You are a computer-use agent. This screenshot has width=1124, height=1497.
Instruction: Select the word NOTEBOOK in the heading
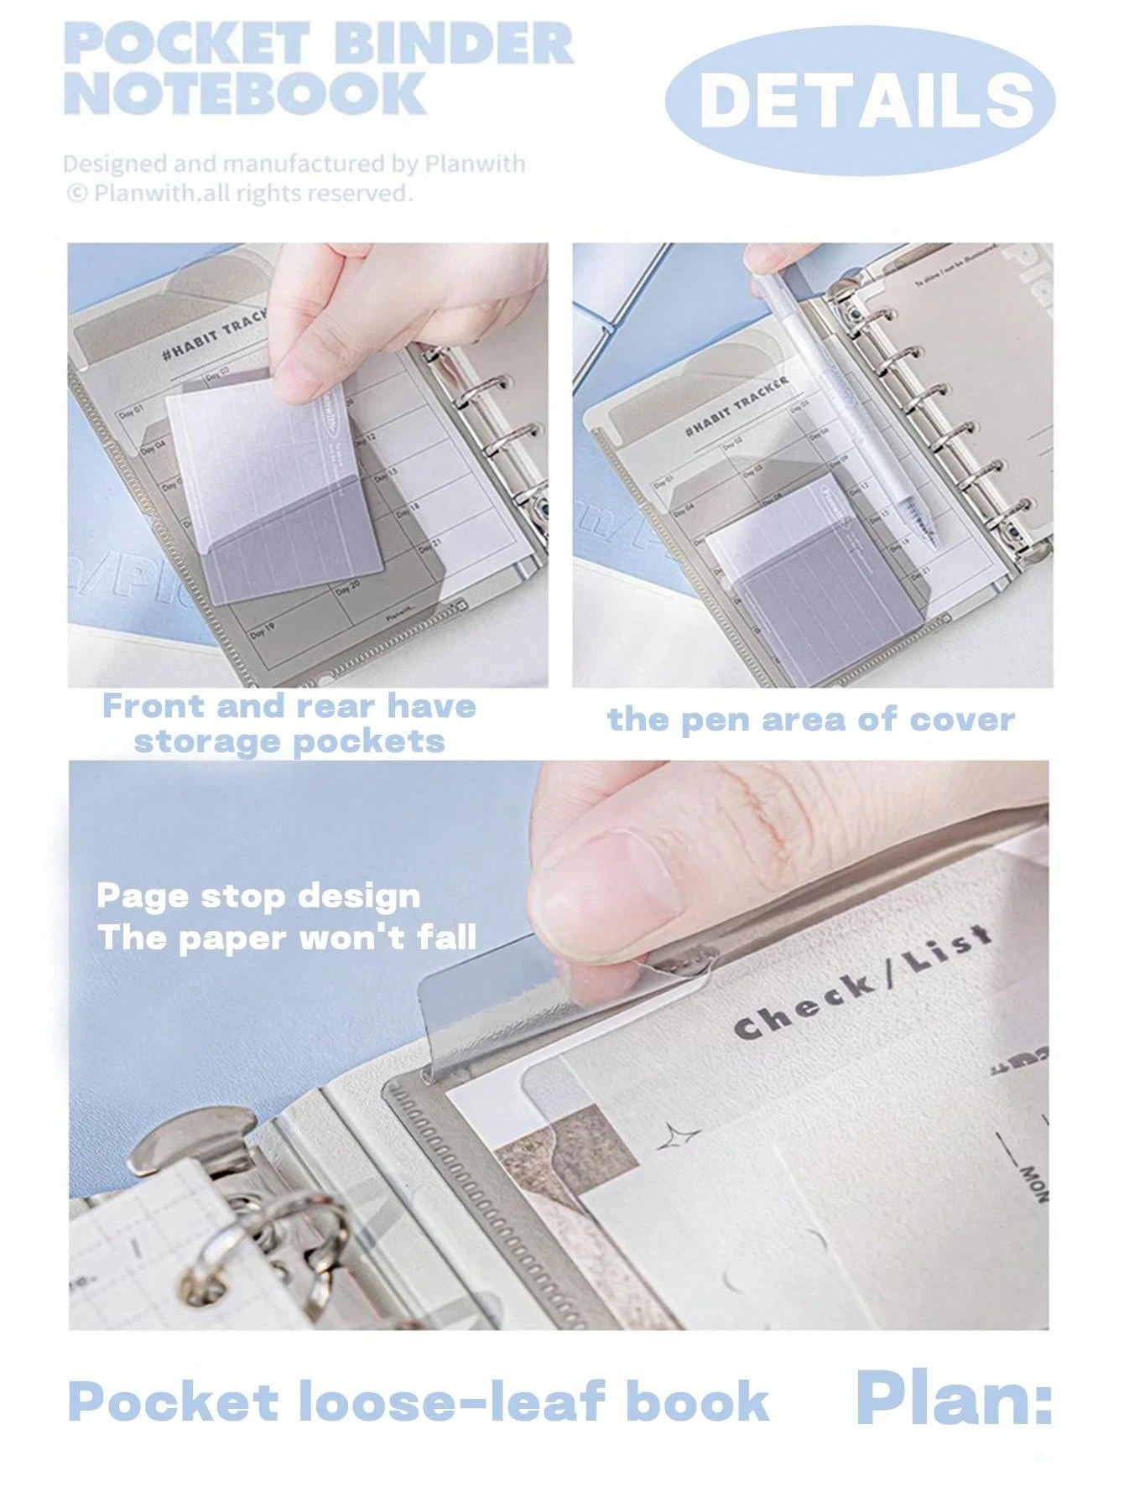click(245, 93)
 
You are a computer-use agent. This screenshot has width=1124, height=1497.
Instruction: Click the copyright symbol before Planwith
click(76, 194)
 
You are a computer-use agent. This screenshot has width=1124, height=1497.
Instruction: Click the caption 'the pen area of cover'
click(810, 720)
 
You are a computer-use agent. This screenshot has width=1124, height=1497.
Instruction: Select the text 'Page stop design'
click(258, 896)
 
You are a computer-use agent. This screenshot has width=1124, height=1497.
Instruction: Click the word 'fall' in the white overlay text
click(448, 936)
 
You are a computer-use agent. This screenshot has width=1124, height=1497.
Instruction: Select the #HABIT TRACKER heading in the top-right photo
click(737, 406)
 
